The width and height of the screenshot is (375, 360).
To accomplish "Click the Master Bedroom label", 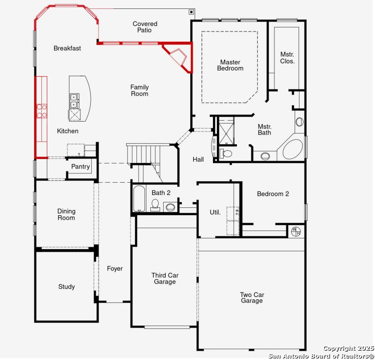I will pyautogui.click(x=230, y=65).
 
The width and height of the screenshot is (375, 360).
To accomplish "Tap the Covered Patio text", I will pyautogui.click(x=145, y=27).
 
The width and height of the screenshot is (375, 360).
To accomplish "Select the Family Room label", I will pyautogui.click(x=139, y=91).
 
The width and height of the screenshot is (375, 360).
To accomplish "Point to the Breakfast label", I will pyautogui.click(x=68, y=48).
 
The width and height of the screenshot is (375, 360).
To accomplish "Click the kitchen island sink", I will pyautogui.click(x=74, y=101).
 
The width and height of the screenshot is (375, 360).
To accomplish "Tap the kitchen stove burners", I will pyautogui.click(x=41, y=110).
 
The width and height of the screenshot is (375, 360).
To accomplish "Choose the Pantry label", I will pyautogui.click(x=80, y=167).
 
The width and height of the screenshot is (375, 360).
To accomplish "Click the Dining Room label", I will pyautogui.click(x=66, y=214).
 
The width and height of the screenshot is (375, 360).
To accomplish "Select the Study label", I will pyautogui.click(x=67, y=287).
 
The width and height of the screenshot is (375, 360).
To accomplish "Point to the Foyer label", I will pyautogui.click(x=115, y=268).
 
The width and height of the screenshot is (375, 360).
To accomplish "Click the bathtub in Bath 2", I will pyautogui.click(x=138, y=198).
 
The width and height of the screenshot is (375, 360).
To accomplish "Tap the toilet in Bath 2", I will pyautogui.click(x=155, y=205).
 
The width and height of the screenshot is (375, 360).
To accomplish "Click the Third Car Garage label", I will pyautogui.click(x=165, y=279).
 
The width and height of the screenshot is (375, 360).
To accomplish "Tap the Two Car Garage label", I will pyautogui.click(x=252, y=297).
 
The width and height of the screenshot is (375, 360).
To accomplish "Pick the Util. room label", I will pyautogui.click(x=215, y=212).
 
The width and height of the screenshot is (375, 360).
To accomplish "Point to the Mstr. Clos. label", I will pyautogui.click(x=287, y=58).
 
